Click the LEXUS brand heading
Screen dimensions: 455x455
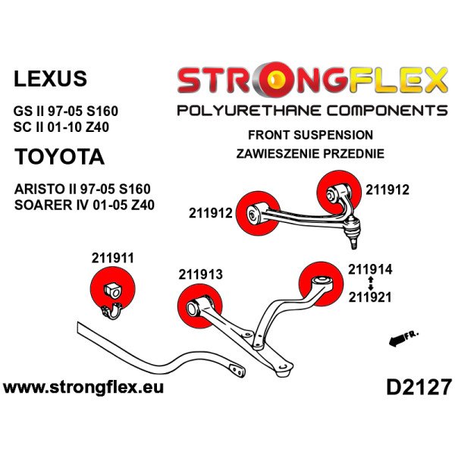click(x=50, y=78)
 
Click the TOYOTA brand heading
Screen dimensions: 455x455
click(x=59, y=157)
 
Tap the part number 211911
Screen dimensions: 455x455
click(x=113, y=258)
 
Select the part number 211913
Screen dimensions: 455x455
click(x=200, y=275)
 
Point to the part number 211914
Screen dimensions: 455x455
click(x=370, y=269)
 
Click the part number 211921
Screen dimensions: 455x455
click(x=370, y=297)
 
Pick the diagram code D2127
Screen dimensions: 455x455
click(x=419, y=388)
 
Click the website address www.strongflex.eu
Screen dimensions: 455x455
click(x=83, y=388)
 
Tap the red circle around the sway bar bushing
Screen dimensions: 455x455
click(x=113, y=289)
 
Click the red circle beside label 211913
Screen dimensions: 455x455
click(x=200, y=306)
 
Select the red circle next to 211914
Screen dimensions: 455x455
click(x=321, y=284)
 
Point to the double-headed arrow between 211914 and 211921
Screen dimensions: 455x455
click(x=370, y=283)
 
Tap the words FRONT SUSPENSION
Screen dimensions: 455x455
click(x=310, y=135)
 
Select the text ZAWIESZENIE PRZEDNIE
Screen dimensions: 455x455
click(x=310, y=153)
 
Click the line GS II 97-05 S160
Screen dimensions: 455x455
click(x=65, y=111)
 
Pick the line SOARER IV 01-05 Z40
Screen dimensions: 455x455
click(x=84, y=205)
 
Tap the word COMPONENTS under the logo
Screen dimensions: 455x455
click(x=387, y=111)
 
